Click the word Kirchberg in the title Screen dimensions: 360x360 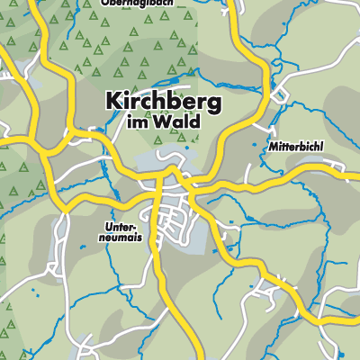pos(163,103)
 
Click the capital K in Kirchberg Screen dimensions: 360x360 pos(114,103)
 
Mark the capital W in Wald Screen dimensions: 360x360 pos(168,126)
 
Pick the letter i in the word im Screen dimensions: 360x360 pos(137,126)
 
